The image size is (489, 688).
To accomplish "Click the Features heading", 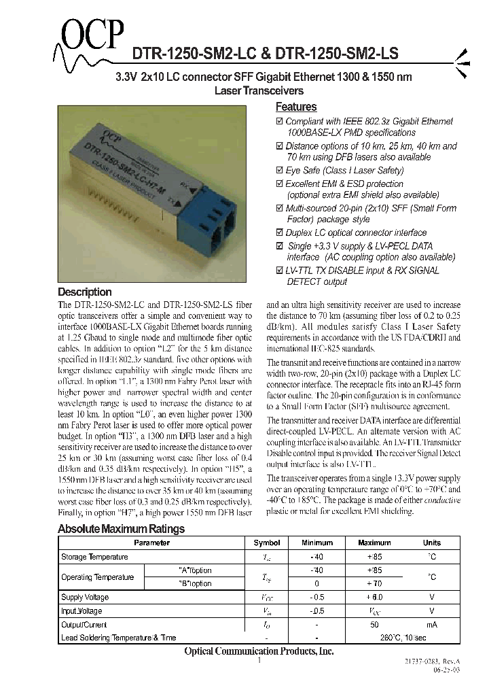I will coord(295,107).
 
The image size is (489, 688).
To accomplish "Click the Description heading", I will coord(85,292).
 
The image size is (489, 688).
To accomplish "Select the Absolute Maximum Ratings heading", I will coord(121,529).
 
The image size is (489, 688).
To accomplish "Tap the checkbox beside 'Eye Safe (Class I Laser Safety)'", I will coord(280,171).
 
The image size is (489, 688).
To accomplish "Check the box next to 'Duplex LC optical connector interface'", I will coord(280,233).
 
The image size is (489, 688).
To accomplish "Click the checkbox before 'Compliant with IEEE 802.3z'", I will coord(280,122).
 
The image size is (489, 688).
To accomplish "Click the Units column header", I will coord(431,543).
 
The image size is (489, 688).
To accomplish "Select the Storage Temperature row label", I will coord(94,557).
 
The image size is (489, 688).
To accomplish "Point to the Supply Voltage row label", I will coord(84,598).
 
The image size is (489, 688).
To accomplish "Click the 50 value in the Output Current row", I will coord(374,624).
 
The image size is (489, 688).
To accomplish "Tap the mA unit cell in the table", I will coord(431,624).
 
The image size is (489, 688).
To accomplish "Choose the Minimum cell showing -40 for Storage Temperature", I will coord(317,557).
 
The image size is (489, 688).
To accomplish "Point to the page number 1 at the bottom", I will coord(259,660).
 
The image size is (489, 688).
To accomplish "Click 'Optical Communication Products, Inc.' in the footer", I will coord(259,651).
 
